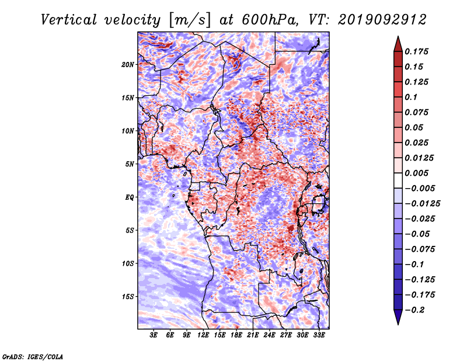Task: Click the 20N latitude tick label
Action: click(128, 65)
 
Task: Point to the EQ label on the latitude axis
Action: click(129, 197)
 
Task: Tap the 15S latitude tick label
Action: click(128, 297)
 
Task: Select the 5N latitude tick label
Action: click(130, 164)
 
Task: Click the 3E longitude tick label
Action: click(154, 335)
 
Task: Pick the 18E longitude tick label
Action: click(236, 335)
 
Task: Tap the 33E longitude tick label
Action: click(319, 335)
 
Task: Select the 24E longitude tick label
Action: click(269, 335)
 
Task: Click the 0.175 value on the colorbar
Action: click(416, 51)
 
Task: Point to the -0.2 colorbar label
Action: click(414, 310)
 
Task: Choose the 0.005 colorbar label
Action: click(416, 173)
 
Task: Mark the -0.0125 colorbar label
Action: click(422, 204)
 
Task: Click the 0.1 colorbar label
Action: click(411, 97)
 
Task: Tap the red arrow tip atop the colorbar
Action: click(398, 37)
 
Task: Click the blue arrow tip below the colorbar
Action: click(398, 324)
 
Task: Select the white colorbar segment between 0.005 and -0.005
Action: click(398, 180)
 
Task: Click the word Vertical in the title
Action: click(69, 20)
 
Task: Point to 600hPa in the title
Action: click(270, 20)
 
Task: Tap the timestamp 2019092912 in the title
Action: click(382, 20)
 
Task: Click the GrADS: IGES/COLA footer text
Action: click(33, 356)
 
